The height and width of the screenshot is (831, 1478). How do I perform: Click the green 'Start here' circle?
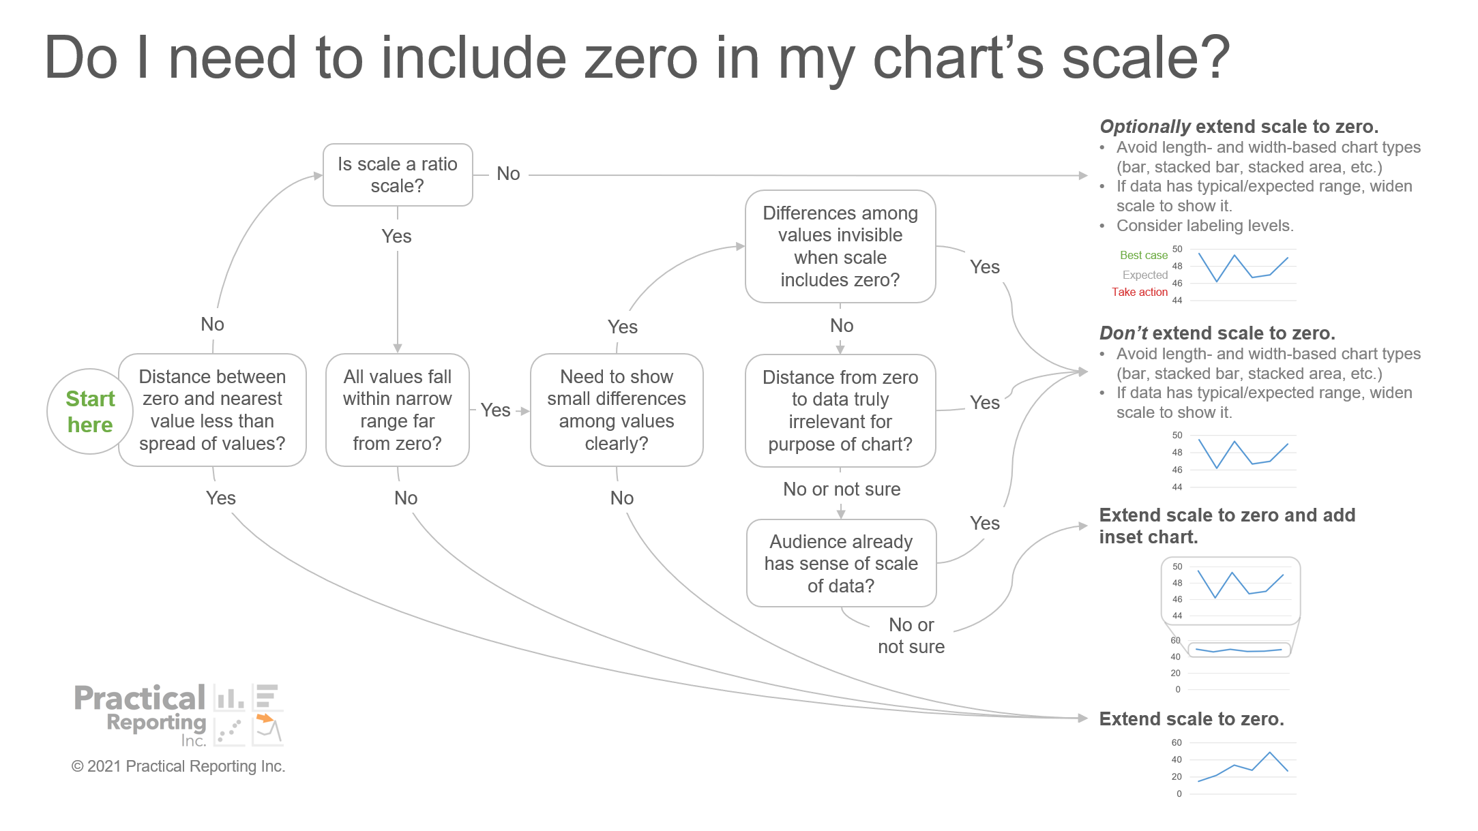click(x=90, y=411)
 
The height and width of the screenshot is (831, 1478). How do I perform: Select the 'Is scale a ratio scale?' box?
click(x=398, y=175)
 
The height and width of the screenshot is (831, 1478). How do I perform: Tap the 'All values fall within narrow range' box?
click(x=398, y=410)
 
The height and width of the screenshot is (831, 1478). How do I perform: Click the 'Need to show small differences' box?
click(x=617, y=410)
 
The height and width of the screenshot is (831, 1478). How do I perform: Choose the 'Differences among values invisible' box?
click(x=840, y=246)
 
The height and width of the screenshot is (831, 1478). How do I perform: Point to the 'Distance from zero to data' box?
click(x=840, y=410)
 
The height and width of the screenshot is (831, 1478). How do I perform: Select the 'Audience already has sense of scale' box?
click(x=841, y=563)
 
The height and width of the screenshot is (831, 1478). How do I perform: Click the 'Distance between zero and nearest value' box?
click(x=212, y=410)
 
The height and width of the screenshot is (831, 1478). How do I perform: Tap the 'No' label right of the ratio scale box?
click(x=508, y=174)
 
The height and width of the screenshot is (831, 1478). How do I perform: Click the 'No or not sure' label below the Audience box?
click(x=911, y=635)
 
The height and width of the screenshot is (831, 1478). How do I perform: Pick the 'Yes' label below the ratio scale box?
click(x=396, y=237)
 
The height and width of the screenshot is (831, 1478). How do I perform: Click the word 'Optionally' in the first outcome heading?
click(x=1145, y=127)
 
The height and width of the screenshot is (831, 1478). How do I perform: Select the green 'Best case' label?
click(x=1144, y=255)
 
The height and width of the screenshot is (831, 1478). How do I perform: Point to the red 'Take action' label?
click(x=1140, y=292)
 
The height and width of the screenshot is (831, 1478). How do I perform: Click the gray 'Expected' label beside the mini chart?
click(x=1145, y=275)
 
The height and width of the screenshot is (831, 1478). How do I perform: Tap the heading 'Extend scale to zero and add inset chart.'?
click(x=1227, y=526)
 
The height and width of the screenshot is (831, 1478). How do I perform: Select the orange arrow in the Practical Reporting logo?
click(x=265, y=718)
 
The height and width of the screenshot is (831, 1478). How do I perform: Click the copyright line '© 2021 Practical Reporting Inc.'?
click(x=178, y=766)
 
